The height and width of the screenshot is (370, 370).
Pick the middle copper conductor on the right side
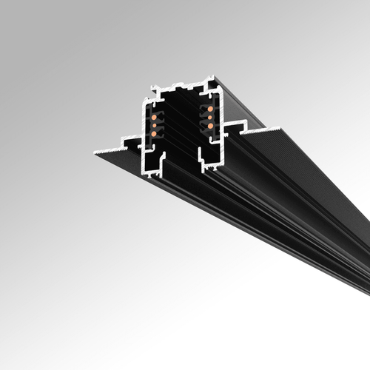click(209, 116)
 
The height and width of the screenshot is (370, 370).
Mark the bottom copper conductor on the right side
click(210, 125)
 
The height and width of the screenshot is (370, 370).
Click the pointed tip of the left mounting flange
click(95, 152)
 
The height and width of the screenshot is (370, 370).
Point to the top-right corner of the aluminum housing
click(215, 76)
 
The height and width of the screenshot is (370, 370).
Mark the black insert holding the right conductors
click(208, 118)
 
